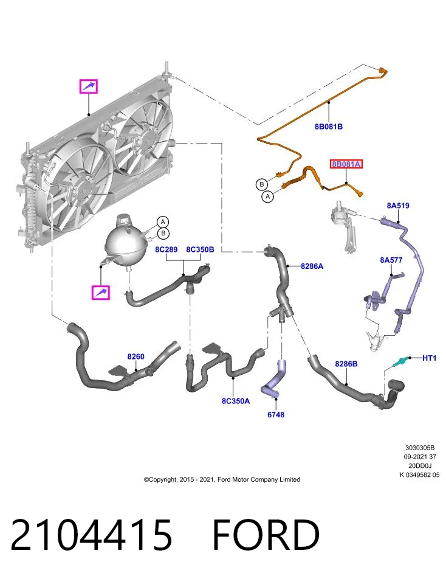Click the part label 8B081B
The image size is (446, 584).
329,127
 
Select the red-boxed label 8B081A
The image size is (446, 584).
346,164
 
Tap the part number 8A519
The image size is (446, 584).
398,206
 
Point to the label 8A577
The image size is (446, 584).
391,260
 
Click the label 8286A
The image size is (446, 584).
312,266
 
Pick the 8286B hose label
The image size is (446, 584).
346,364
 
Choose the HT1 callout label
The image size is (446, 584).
429,358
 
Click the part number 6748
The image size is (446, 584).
276,414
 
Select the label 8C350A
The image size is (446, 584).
236,401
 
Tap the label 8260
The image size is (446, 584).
136,356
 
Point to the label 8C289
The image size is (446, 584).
166,249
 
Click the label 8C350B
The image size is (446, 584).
200,249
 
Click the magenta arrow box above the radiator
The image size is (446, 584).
89,86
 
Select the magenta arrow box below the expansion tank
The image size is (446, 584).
101,293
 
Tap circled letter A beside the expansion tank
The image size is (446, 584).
163,223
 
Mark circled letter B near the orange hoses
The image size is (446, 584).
262,184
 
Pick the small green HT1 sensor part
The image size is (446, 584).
400,361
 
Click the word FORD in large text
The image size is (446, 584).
266,535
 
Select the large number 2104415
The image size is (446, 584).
92,535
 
